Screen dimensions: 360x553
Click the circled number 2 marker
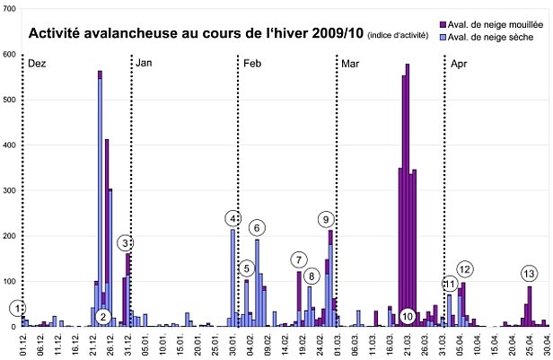[103, 316]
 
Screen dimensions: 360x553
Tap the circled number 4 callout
[233, 218]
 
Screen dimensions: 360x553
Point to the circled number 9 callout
[326, 218]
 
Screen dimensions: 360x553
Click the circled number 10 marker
[408, 316]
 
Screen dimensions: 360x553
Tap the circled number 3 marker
[126, 242]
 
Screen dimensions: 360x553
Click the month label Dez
[37, 65]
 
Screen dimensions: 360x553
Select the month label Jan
[145, 65]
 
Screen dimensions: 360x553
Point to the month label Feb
[252, 65]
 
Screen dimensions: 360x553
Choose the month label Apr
[458, 65]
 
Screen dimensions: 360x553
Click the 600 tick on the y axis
[9, 54]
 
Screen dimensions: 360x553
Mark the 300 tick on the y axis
[9, 190]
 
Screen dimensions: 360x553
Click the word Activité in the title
[56, 35]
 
